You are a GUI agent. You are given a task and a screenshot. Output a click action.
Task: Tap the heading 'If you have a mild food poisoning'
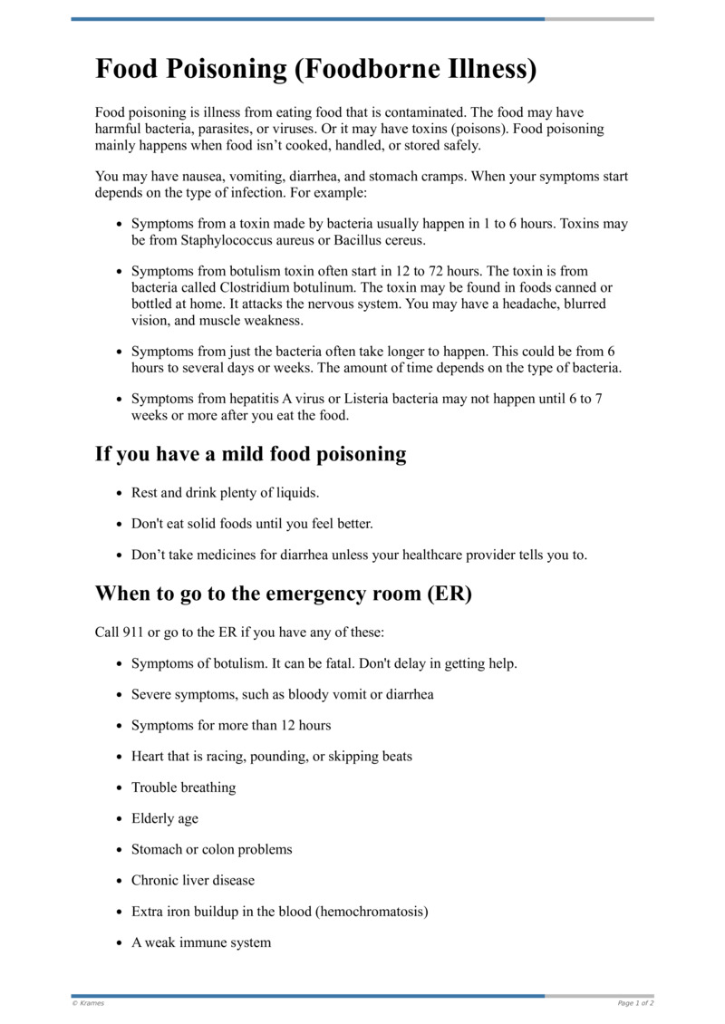(250, 454)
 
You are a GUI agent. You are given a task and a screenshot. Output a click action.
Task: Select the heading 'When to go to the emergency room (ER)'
(284, 594)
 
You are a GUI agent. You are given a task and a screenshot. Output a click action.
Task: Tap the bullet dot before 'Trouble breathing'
(120, 788)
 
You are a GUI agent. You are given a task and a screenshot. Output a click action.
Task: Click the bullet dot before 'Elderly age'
(120, 819)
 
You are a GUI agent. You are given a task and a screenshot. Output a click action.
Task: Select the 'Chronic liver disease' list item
(193, 880)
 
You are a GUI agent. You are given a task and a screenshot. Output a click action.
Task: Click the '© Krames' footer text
(88, 1003)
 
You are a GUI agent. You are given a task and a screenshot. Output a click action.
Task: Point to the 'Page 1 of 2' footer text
(635, 1003)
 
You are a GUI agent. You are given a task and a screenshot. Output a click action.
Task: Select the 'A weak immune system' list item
(201, 942)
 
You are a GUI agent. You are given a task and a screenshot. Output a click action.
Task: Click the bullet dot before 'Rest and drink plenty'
(120, 494)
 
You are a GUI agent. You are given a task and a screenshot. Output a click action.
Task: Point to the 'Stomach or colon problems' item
(212, 849)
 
